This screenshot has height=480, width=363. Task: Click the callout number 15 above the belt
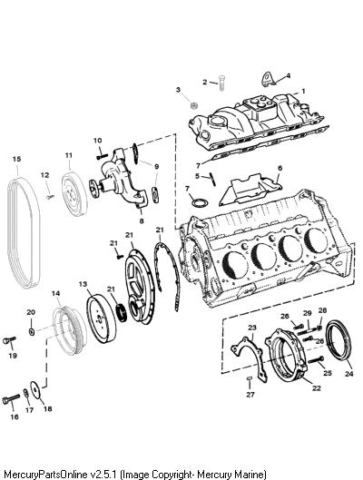point(17,159)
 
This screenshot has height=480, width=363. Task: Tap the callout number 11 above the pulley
point(69,155)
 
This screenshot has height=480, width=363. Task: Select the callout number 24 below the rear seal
point(349,374)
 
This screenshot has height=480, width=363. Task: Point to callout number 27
point(250,395)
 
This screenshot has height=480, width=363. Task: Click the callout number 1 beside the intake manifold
point(303,92)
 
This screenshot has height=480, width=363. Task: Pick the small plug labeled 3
point(193,105)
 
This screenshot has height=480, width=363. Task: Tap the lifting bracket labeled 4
point(269,79)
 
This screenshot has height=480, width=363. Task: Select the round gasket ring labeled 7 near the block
point(200,202)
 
